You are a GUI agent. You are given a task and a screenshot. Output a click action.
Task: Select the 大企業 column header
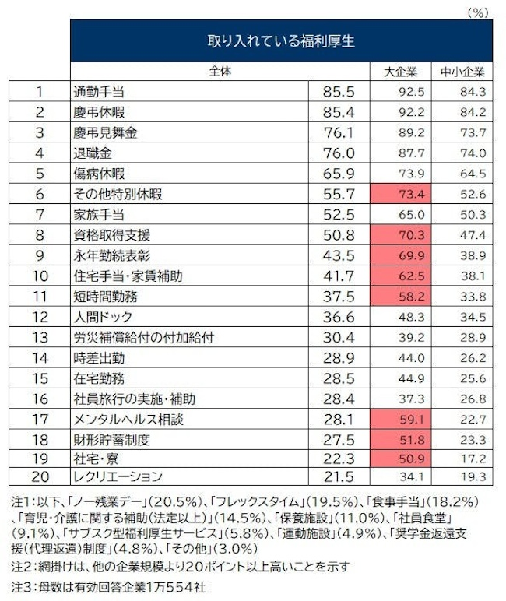(402, 72)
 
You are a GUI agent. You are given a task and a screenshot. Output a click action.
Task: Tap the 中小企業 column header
(462, 72)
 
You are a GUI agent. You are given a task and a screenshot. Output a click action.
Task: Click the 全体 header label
(221, 71)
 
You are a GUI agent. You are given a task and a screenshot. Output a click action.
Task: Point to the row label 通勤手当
(98, 92)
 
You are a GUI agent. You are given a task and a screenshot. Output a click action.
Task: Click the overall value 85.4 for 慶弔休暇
(338, 112)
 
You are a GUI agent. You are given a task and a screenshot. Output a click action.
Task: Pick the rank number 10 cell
(40, 276)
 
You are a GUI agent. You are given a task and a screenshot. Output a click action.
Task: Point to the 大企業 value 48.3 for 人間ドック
(402, 317)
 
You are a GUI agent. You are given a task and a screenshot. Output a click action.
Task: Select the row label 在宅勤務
(98, 378)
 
